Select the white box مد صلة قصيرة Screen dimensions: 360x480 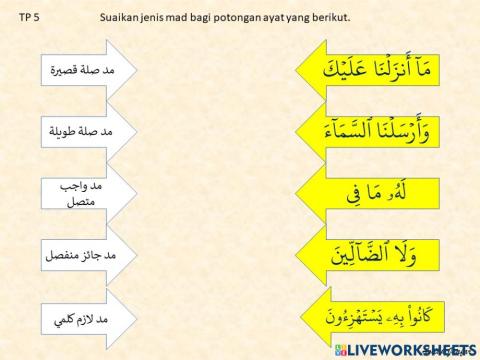[89, 71]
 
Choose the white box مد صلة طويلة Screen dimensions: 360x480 [89, 131]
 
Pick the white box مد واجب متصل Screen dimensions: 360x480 [89, 193]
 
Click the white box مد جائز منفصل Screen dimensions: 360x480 [89, 255]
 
